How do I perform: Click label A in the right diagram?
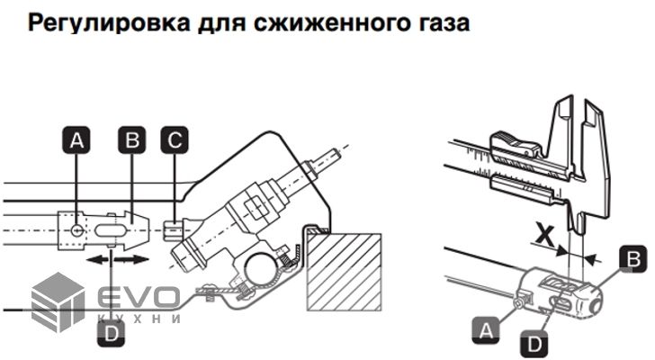point(487,330)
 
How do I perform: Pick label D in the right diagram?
point(534,343)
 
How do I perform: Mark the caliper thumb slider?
point(515,140)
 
